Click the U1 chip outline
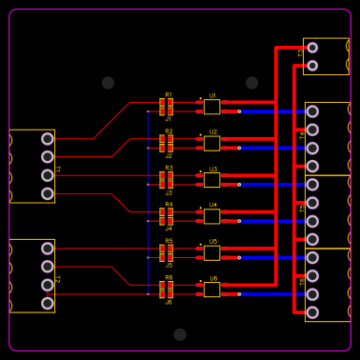point(211,107)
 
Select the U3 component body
point(211,180)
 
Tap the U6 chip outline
point(211,290)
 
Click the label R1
point(169,95)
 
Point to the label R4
point(169,205)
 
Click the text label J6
point(169,302)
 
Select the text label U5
point(212,242)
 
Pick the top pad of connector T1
point(48,139)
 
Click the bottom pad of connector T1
point(48,193)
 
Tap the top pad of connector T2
point(48,249)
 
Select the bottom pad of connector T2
point(48,303)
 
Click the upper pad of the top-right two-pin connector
point(312,48)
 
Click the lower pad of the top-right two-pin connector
point(312,66)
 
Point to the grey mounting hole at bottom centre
point(180,334)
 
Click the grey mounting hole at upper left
point(108,83)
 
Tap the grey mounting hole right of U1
point(251,83)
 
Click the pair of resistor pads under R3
point(166,180)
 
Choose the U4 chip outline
point(211,216)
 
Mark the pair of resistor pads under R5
point(166,253)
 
